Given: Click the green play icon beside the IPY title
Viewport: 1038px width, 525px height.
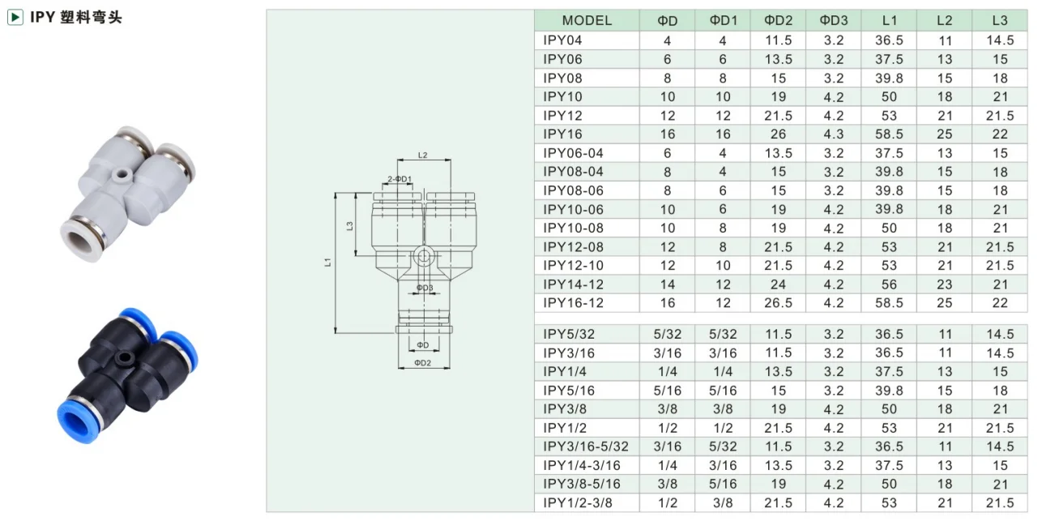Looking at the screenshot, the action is [15, 18].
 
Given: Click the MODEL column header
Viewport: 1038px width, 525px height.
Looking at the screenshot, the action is [587, 20].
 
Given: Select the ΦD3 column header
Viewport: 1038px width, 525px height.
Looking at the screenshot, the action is [833, 20].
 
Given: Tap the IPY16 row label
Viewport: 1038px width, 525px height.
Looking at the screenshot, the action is [562, 134].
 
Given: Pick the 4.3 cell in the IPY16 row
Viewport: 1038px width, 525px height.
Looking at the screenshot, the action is [833, 134].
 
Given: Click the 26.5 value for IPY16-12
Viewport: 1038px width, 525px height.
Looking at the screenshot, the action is [778, 302].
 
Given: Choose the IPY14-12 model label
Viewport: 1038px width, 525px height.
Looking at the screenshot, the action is [573, 284].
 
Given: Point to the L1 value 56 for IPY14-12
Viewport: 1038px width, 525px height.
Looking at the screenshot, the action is [889, 284].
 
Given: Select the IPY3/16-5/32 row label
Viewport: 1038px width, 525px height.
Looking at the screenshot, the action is [586, 446].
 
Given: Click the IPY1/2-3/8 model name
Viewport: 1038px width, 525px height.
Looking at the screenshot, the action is [578, 503].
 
